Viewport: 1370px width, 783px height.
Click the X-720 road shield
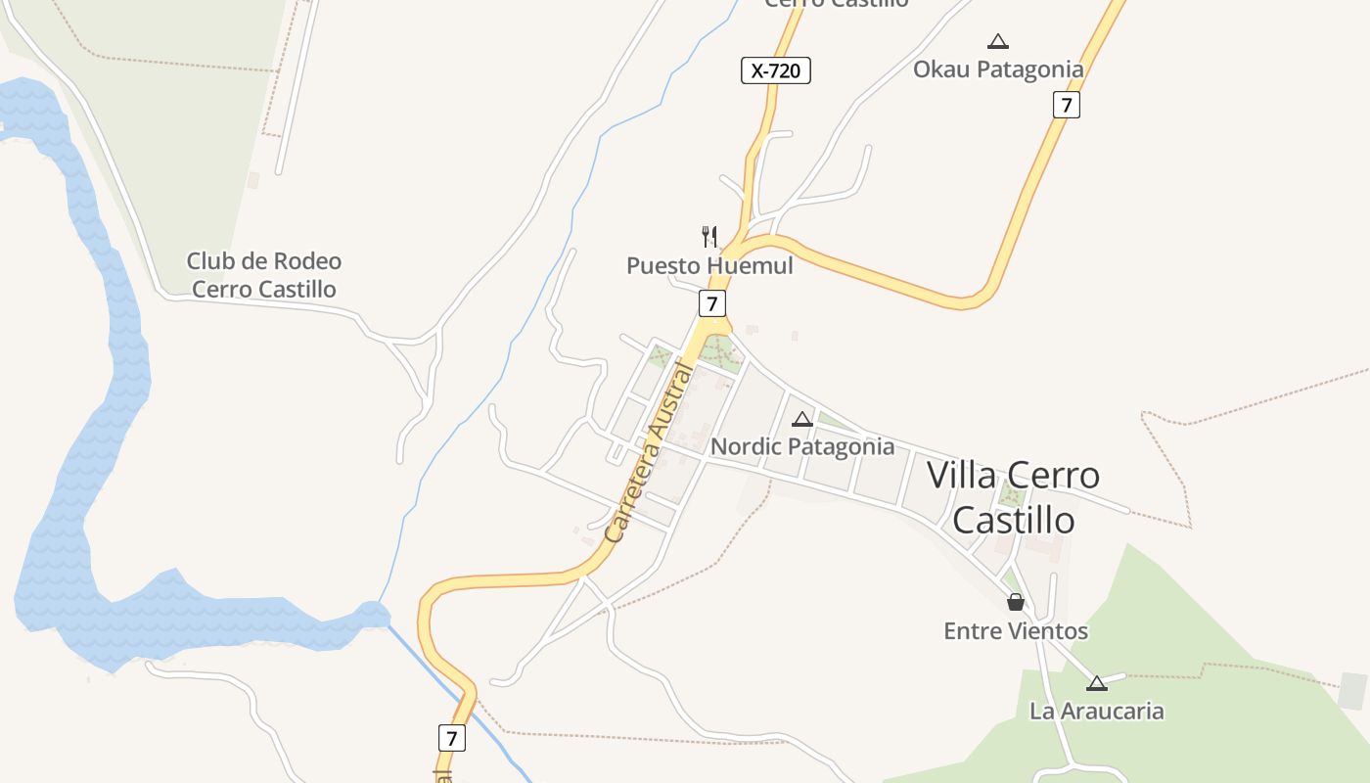(x=775, y=70)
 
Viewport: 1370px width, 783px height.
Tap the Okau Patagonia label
(x=998, y=69)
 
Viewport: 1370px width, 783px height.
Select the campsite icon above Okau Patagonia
(x=998, y=41)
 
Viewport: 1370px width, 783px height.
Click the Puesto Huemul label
(x=709, y=266)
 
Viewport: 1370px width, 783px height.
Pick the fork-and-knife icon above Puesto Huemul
(x=709, y=236)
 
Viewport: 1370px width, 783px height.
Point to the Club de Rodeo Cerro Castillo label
(x=264, y=275)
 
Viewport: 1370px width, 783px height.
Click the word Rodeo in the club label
(x=306, y=261)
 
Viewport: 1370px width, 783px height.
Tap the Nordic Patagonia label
(x=802, y=447)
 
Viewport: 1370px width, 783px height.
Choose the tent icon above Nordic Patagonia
(x=802, y=419)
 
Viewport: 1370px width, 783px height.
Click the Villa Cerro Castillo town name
(x=1014, y=497)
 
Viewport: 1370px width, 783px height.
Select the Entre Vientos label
(x=1016, y=631)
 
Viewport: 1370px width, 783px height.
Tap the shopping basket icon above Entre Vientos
(x=1016, y=602)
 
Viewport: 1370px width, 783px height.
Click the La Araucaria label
(x=1096, y=712)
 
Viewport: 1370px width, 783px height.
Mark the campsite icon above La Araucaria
(x=1096, y=683)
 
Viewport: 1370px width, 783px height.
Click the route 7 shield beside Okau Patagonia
(x=1067, y=105)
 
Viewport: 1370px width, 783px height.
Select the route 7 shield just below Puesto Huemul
(x=712, y=303)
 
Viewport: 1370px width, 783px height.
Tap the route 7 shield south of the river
(x=451, y=737)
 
